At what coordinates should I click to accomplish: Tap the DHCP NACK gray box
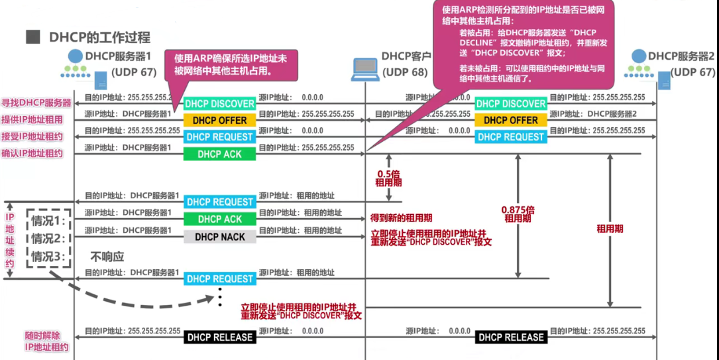click(x=220, y=237)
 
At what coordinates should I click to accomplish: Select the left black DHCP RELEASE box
click(x=220, y=337)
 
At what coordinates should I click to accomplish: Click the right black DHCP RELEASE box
click(x=510, y=337)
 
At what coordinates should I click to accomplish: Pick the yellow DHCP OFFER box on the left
click(x=220, y=121)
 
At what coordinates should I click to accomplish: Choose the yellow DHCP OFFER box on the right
click(x=510, y=121)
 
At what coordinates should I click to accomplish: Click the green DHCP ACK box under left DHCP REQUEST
click(x=220, y=154)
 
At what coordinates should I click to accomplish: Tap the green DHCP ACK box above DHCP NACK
click(x=220, y=219)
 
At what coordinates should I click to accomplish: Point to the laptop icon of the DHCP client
click(x=366, y=67)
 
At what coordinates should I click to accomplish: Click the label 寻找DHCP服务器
click(x=36, y=103)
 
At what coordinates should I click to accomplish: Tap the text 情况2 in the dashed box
click(x=50, y=239)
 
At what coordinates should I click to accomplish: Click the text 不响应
click(x=107, y=257)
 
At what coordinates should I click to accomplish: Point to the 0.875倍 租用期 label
click(x=518, y=213)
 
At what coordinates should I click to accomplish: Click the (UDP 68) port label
click(x=405, y=72)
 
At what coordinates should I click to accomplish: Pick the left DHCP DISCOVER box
click(x=220, y=104)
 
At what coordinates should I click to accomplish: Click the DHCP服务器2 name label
click(x=681, y=56)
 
